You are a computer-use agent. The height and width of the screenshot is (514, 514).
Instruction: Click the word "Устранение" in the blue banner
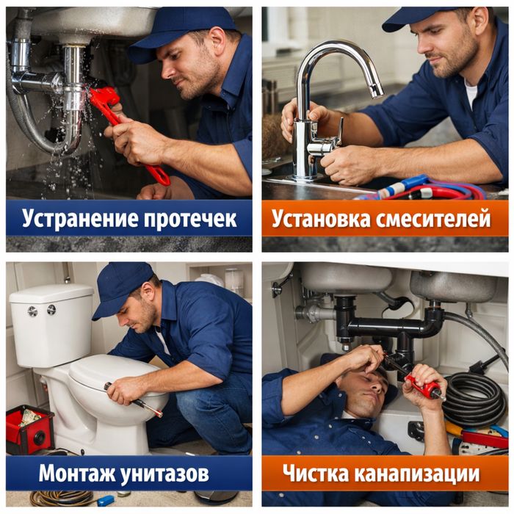tap(70, 218)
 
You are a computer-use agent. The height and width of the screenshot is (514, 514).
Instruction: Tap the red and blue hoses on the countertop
tap(433, 189)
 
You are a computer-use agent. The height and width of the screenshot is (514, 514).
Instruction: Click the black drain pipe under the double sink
tap(389, 323)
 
